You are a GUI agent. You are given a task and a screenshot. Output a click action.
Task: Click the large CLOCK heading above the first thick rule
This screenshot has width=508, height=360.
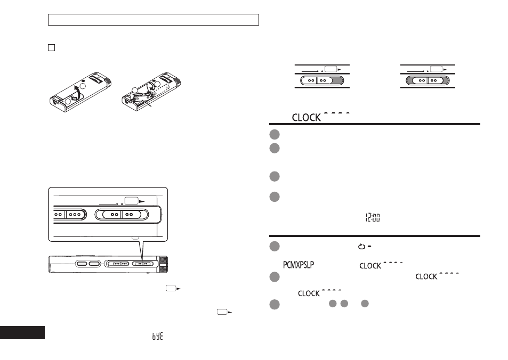coord(306,118)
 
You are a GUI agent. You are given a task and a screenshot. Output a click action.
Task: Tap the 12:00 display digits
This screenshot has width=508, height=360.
coord(373,218)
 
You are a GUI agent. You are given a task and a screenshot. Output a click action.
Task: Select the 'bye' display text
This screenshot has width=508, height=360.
coord(157,336)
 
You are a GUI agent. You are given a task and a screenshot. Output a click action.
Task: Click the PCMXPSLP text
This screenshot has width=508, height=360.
coord(299,265)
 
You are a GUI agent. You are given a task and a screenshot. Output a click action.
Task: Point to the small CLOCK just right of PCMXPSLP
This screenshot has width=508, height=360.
coord(370,266)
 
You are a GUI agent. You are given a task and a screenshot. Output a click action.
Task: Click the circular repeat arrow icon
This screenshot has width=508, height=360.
coord(361,247)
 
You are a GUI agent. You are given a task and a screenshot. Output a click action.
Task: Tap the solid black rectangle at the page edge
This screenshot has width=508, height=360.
coord(22,332)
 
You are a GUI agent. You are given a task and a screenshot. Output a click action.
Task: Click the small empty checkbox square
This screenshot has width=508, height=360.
coord(51,47)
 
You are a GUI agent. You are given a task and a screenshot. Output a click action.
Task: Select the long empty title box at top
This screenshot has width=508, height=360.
coord(153,20)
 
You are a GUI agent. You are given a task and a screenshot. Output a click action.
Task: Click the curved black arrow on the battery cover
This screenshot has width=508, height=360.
coord(76,92)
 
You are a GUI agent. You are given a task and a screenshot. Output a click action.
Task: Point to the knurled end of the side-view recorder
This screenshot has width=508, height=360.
coord(163,264)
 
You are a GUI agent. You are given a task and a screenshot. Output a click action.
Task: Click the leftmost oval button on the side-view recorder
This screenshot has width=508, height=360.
coord(82,264)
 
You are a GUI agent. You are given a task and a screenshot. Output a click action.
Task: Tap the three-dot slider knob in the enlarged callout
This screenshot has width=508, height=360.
coord(75,215)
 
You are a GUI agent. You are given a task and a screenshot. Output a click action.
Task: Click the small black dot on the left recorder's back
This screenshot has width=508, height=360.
coord(84,81)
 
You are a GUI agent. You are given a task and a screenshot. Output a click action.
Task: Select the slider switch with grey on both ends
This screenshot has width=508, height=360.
coord(428,80)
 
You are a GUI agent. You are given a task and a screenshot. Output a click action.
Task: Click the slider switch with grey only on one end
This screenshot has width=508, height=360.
coord(322,80)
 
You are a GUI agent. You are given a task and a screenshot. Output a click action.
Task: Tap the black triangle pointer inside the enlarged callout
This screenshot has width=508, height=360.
coord(142,201)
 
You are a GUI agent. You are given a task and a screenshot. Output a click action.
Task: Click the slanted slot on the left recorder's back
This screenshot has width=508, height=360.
coord(96,79)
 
